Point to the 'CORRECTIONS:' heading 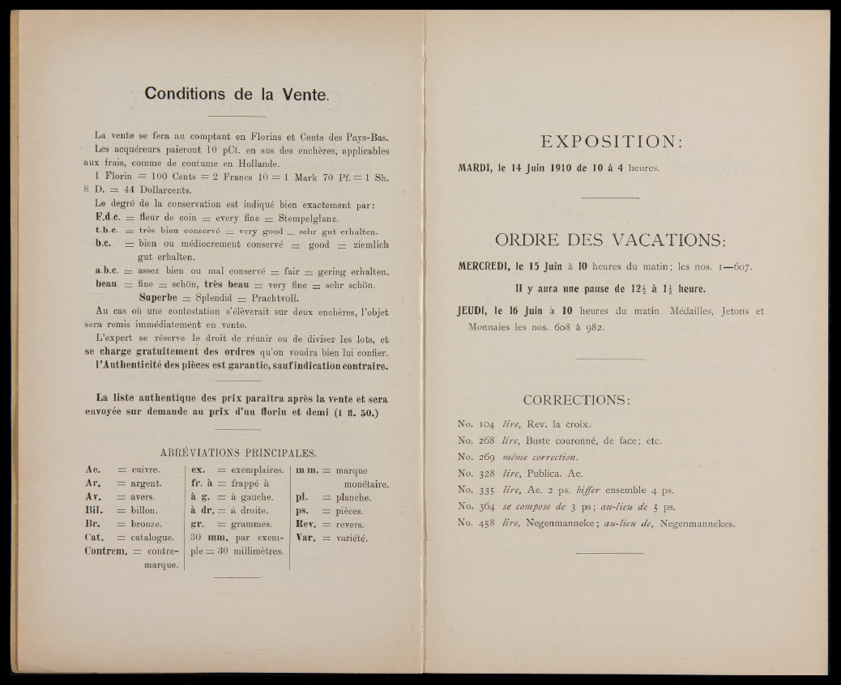[577, 399]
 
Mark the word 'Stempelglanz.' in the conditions [309, 219]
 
